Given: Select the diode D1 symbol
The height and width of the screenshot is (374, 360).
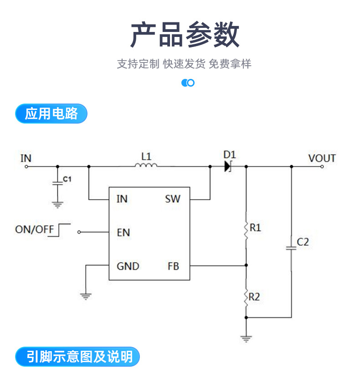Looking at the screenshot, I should pos(228,166).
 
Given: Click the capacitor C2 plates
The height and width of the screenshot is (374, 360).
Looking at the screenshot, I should pos(291,248).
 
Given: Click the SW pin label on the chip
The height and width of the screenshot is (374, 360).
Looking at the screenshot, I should pos(173,199).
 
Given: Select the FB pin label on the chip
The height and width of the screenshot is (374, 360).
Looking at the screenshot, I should pos(173,266).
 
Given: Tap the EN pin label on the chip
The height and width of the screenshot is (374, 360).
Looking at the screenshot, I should pos(123,233).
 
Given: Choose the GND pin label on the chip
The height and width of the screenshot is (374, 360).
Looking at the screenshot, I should pos(128,266).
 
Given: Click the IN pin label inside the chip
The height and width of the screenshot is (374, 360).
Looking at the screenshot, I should pos(122,199).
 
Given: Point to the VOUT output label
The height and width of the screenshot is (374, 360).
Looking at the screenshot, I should pos(322,158).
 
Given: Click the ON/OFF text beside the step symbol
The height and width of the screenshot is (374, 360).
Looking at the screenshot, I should pos(35,229).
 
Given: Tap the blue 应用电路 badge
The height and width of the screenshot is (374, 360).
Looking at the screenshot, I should pos(51,114).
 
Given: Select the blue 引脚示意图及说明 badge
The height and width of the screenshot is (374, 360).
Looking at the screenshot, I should pos(77,356).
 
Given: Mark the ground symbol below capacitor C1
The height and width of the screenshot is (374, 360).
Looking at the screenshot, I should pos(57,205).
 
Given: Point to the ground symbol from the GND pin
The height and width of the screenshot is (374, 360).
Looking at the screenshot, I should pos(86,296).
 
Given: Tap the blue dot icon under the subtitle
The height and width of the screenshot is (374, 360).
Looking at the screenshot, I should pos(188,83).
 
